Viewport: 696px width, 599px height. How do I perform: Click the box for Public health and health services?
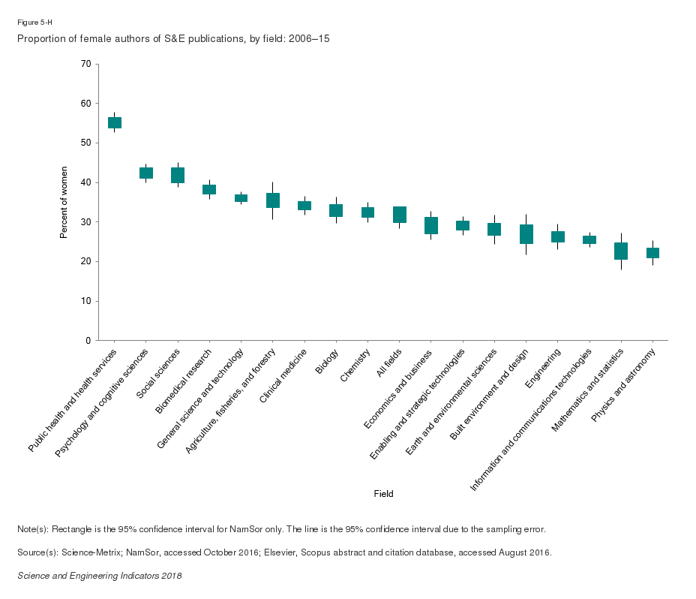(x=115, y=122)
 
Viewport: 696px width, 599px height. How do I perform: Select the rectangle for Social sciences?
(x=178, y=175)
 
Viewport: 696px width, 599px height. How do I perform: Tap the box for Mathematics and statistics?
(x=621, y=251)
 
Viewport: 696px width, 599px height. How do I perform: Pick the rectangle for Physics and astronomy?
(x=652, y=253)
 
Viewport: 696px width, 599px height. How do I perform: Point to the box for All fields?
(x=400, y=215)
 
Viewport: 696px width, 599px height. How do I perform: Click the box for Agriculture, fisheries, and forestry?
(x=273, y=200)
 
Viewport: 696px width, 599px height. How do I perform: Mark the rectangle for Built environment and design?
(x=526, y=234)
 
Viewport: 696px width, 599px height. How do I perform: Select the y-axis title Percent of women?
(x=64, y=203)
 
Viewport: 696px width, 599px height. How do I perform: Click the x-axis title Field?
(x=383, y=494)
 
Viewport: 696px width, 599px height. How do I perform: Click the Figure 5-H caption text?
(x=34, y=23)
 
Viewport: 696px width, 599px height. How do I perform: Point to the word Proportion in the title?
(x=38, y=38)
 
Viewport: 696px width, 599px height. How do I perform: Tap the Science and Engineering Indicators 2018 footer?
(x=99, y=576)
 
